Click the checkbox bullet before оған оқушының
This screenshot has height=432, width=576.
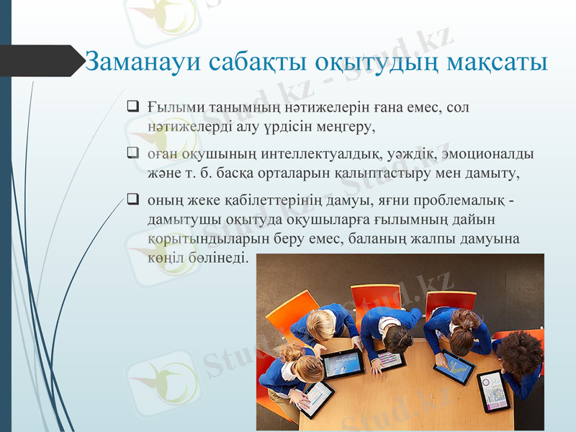(x=132, y=153)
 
